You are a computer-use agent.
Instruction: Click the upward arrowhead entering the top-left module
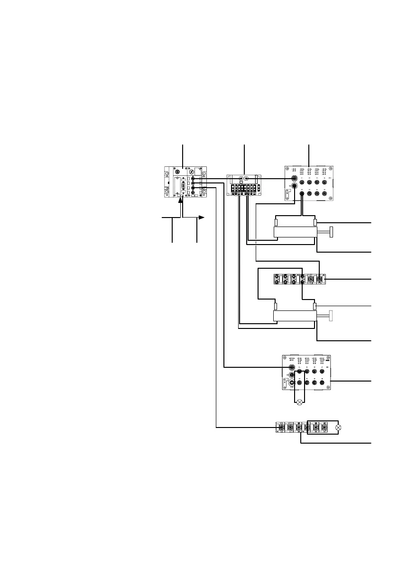pyautogui.click(x=181, y=201)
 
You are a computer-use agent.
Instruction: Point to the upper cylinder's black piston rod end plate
pyautogui.click(x=332, y=232)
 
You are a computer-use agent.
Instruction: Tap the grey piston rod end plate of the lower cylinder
pyautogui.click(x=331, y=316)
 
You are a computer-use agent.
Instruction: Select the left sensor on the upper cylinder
pyautogui.click(x=276, y=222)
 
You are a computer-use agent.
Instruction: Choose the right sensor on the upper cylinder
pyautogui.click(x=315, y=222)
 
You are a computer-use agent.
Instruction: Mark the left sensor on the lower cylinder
pyautogui.click(x=276, y=306)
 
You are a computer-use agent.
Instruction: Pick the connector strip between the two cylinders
pyautogui.click(x=300, y=280)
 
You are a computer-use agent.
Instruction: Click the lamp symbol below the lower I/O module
pyautogui.click(x=299, y=403)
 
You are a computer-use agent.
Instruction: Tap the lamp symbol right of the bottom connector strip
pyautogui.click(x=338, y=428)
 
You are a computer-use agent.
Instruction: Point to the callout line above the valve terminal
pyautogui.click(x=244, y=158)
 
